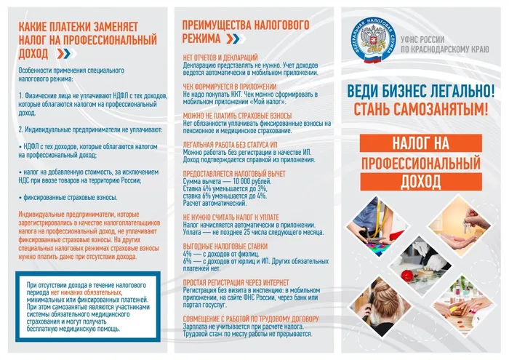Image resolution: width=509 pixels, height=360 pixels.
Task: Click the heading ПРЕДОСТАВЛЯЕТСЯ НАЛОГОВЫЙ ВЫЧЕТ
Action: tap(233, 173)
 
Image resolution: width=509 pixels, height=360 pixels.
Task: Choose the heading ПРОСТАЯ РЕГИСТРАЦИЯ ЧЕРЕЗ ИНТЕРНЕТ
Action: tap(236, 280)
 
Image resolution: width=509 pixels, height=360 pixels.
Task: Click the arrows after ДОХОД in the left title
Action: tap(63, 53)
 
